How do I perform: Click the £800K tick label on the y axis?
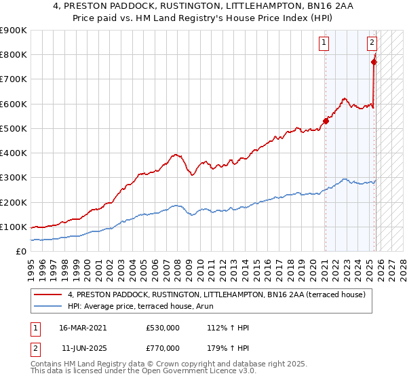[x=14, y=55]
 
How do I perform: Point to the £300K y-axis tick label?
[x=14, y=178]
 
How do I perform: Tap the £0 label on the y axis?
[x=22, y=252]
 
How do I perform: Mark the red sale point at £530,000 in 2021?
[x=326, y=121]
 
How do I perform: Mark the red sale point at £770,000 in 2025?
[x=374, y=62]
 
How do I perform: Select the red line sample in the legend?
[x=48, y=294]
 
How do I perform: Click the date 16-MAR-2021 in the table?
[x=83, y=328]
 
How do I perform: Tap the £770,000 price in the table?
[x=162, y=348]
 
